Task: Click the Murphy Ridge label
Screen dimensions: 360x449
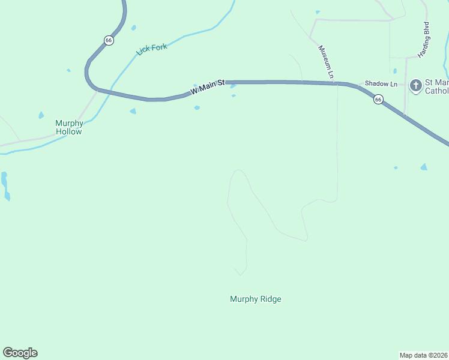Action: point(255,299)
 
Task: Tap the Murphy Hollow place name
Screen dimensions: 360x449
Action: point(68,127)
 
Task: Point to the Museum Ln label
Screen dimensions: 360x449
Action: point(325,62)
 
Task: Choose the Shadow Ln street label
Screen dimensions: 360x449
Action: point(381,85)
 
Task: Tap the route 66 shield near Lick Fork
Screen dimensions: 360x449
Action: point(108,40)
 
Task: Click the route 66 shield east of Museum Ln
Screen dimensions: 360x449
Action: point(378,100)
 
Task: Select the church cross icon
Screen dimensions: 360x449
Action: point(415,86)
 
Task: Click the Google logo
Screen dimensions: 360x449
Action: point(20,353)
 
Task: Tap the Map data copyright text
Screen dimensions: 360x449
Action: point(423,355)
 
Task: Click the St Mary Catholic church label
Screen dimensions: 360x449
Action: point(436,86)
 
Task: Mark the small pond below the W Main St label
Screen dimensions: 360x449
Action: point(197,108)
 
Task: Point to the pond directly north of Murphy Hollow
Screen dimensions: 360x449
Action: point(41,115)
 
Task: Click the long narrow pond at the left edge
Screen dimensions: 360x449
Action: point(5,185)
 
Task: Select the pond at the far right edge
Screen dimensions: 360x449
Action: point(424,167)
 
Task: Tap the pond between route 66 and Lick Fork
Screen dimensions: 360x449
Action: point(133,28)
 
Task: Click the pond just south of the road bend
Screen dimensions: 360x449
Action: point(133,111)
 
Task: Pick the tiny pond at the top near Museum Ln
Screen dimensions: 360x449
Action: point(318,12)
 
